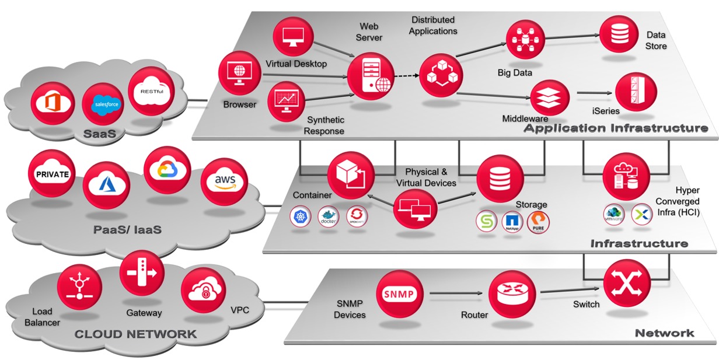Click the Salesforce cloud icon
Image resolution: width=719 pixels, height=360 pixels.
[105, 104]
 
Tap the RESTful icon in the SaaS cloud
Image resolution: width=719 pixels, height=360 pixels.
[150, 90]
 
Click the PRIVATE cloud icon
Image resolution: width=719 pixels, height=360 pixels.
[52, 173]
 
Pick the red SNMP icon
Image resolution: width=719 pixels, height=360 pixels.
[399, 293]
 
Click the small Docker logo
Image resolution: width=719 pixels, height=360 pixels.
[329, 218]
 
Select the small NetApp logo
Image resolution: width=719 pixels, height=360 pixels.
[512, 222]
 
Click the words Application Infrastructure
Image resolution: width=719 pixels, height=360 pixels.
[616, 128]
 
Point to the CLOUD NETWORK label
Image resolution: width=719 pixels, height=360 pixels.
[135, 334]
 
